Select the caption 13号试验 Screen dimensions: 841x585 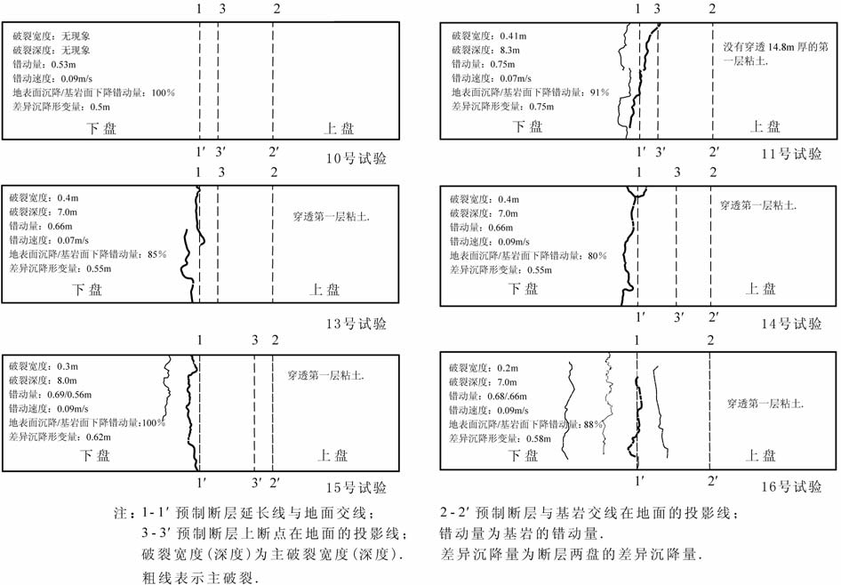[356, 323]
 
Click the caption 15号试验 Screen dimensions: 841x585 [356, 487]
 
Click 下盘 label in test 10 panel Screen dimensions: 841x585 [96, 128]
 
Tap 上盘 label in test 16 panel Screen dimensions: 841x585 [762, 455]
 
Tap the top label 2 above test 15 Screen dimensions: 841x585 [276, 341]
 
